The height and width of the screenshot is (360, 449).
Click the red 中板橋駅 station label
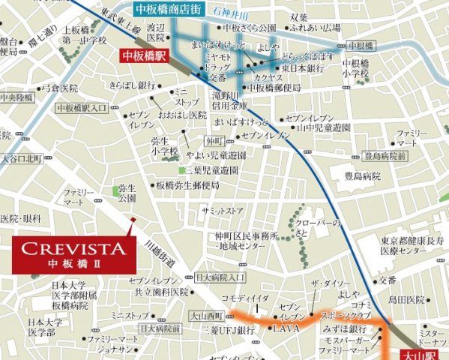click(x=144, y=56)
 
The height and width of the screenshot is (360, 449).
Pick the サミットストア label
click(x=222, y=211)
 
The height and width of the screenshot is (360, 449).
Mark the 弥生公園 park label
click(x=127, y=192)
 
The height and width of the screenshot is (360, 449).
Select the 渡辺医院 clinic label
click(x=156, y=31)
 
